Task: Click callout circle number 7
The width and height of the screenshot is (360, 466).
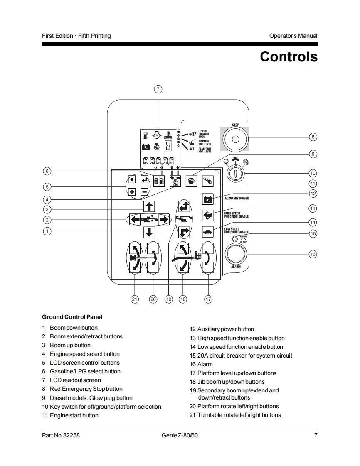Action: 158,89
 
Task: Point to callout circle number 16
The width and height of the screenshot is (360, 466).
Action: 313,254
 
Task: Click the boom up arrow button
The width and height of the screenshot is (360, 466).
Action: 149,206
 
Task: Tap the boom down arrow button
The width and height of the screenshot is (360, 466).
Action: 149,232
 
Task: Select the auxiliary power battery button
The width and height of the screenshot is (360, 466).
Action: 207,199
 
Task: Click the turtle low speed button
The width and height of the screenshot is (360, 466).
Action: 207,231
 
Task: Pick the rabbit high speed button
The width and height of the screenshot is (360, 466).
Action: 207,215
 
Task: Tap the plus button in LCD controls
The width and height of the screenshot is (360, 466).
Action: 132,191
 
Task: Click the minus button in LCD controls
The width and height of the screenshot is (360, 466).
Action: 144,191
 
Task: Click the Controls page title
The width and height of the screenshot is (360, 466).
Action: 288,56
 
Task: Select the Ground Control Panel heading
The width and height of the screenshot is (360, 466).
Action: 72,317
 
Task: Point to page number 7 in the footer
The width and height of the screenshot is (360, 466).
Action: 316,435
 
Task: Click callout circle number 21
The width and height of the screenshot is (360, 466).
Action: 135,299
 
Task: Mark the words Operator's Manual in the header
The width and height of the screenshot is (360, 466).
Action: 293,36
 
